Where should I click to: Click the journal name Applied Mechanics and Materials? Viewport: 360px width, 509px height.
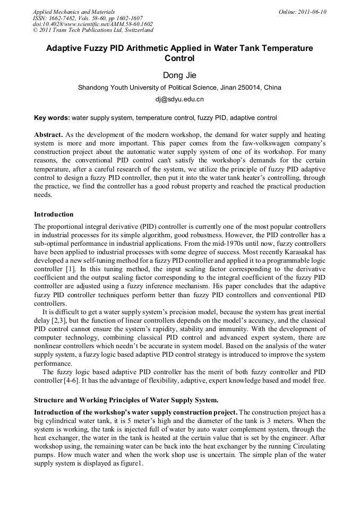pyautogui.click(x=73, y=12)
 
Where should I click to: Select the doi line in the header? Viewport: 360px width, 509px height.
pyautogui.click(x=92, y=24)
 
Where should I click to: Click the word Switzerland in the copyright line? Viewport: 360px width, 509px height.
pyautogui.click(x=134, y=30)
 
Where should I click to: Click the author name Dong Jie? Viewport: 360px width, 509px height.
pyautogui.click(x=179, y=75)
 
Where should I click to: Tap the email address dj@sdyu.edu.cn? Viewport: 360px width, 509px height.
pyautogui.click(x=179, y=99)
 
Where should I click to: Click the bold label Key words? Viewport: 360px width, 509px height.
pyautogui.click(x=52, y=117)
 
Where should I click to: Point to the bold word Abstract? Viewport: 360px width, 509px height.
pyautogui.click(x=48, y=135)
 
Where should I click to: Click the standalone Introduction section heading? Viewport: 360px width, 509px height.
pyautogui.click(x=54, y=214)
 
